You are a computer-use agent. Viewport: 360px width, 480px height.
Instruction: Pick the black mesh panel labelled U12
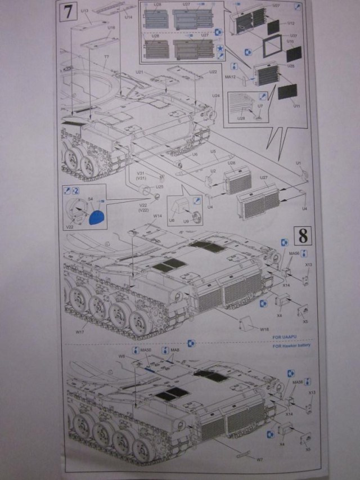coord(273,25)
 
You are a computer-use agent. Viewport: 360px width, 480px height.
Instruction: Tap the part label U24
coord(216,95)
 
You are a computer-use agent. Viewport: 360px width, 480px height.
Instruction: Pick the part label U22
coord(213,72)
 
